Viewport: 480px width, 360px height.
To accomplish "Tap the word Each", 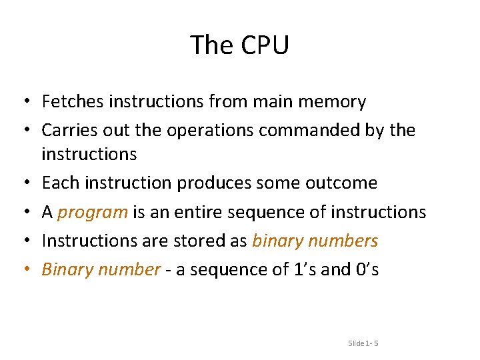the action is tap(58, 183).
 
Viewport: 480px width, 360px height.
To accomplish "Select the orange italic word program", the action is tap(93, 213).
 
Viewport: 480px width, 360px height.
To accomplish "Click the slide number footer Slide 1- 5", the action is tap(363, 343).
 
